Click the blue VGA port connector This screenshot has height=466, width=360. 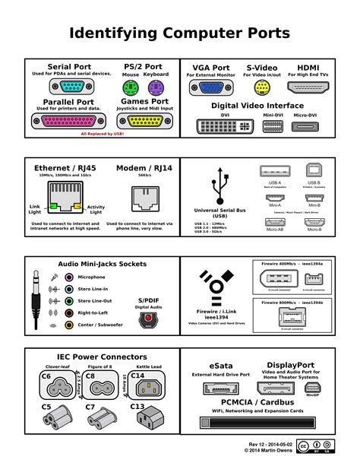pyautogui.click(x=206, y=87)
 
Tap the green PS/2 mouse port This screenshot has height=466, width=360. pyautogui.click(x=131, y=87)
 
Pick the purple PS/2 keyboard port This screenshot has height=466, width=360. pyautogui.click(x=155, y=87)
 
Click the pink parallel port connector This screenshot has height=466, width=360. pyautogui.click(x=68, y=120)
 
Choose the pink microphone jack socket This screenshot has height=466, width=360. pyautogui.click(x=69, y=277)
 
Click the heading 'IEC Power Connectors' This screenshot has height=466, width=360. pyautogui.click(x=90, y=356)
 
